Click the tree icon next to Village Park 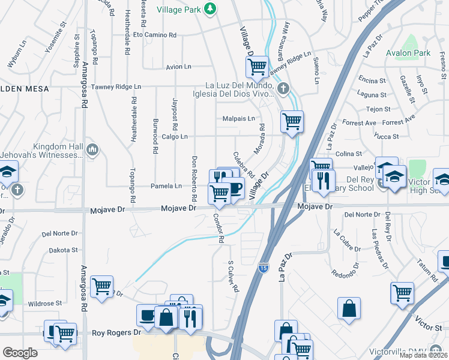point(209,8)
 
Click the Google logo point(20,353)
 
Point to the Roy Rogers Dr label point(116,332)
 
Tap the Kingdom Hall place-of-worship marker point(92,149)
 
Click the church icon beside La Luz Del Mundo point(283,89)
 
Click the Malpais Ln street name point(238,119)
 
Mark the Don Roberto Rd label point(194,178)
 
